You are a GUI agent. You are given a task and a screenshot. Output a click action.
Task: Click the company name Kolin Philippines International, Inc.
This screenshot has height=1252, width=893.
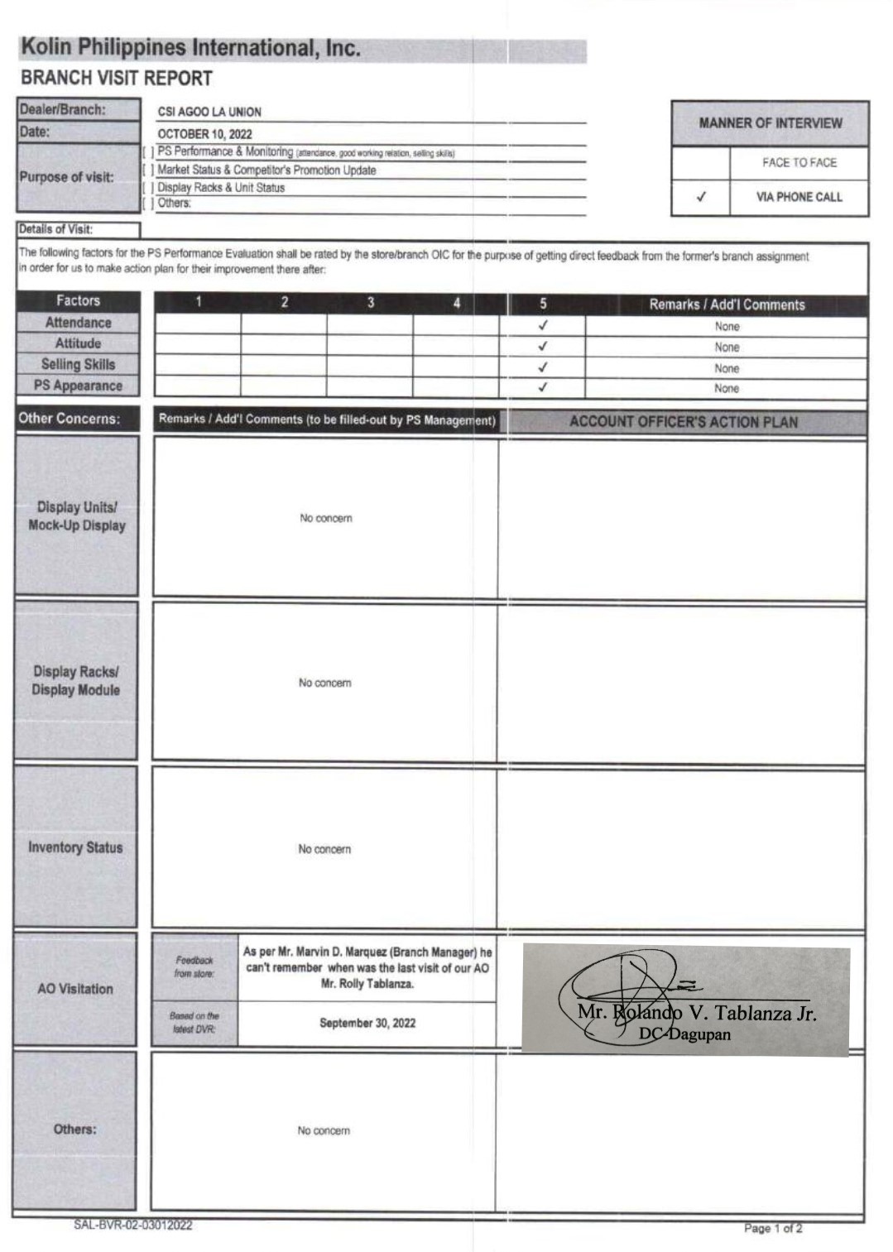[190, 48]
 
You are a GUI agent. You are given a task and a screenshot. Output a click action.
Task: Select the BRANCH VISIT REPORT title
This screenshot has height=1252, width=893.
[117, 79]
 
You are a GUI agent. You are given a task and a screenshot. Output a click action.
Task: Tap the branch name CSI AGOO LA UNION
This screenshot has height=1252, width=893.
[209, 112]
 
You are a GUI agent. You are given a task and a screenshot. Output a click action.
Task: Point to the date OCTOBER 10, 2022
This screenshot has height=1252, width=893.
[204, 134]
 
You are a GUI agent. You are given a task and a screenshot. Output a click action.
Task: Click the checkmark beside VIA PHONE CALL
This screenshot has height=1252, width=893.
[701, 197]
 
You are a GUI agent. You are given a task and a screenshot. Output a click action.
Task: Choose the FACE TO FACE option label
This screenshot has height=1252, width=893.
[799, 163]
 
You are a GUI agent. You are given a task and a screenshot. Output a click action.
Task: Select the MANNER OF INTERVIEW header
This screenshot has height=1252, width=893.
[770, 123]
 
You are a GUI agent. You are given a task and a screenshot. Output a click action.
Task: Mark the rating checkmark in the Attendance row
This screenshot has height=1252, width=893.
[543, 325]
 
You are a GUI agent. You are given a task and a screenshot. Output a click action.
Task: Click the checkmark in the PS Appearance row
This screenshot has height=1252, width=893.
[543, 386]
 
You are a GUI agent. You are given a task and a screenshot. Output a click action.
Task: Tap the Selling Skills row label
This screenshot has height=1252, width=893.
[79, 364]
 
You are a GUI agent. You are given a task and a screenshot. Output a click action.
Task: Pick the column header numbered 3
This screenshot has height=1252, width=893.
[370, 303]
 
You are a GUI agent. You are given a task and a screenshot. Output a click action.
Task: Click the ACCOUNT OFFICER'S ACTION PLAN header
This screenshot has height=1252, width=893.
[684, 422]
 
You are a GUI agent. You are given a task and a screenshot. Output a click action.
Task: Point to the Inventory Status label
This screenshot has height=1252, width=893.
[75, 847]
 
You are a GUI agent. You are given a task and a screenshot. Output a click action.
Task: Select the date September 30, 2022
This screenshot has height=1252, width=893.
[367, 1023]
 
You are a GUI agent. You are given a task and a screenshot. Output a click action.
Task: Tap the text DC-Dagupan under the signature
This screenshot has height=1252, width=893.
[684, 1034]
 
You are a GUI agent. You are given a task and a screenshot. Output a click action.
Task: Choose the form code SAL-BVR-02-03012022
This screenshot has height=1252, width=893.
[133, 1225]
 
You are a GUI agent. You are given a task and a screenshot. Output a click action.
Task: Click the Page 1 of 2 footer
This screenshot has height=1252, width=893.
[772, 1228]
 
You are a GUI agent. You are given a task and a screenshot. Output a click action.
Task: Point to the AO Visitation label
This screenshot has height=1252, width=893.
[75, 989]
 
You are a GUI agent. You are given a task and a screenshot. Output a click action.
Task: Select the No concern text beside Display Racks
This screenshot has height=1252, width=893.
[324, 683]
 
